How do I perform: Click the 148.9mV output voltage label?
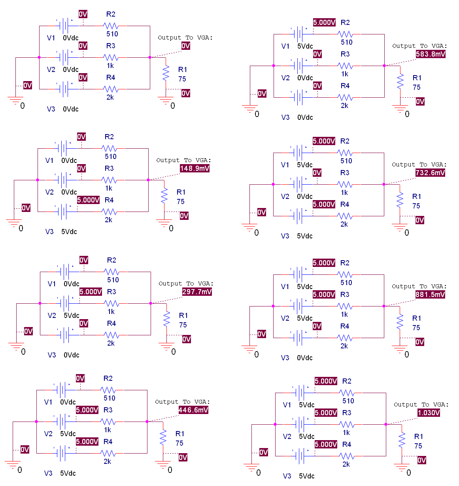point(195,168)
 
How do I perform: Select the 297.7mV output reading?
point(197,292)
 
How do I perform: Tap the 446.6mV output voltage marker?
point(193,410)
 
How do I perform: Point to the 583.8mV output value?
point(431,54)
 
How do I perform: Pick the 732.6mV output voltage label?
point(430,173)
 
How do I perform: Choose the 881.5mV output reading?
point(430,295)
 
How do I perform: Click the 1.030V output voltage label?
point(429,413)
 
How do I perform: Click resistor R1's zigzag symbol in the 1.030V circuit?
point(402,440)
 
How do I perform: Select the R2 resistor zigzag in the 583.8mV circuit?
point(345,34)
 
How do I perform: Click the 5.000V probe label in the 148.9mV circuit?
point(88,200)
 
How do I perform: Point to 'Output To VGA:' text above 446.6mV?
point(182,402)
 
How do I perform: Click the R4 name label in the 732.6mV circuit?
point(345,204)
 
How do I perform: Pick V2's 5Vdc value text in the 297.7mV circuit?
point(71,316)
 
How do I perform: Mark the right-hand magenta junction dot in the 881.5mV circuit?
point(384,306)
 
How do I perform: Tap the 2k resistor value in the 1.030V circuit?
point(346,464)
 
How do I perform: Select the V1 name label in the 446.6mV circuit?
point(48,402)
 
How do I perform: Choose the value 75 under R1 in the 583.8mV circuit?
point(417,87)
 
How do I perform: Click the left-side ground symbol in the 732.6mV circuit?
point(249,227)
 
